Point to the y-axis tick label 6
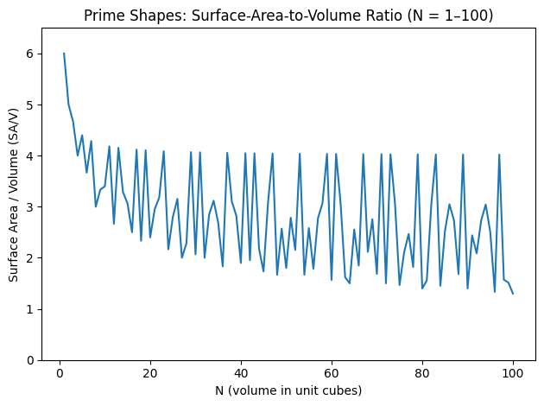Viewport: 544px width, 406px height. pos(28,54)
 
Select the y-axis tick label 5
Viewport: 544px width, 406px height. pos(28,105)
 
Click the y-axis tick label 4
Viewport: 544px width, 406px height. pos(28,155)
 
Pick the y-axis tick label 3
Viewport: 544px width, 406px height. pos(28,206)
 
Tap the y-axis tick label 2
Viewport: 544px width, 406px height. pos(28,258)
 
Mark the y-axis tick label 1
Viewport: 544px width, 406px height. pos(28,309)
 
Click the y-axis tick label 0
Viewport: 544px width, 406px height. pos(28,360)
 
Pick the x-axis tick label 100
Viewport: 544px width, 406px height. pos(513,374)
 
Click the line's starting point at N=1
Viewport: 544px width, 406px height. pos(64,54)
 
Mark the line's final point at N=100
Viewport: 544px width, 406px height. pos(513,294)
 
